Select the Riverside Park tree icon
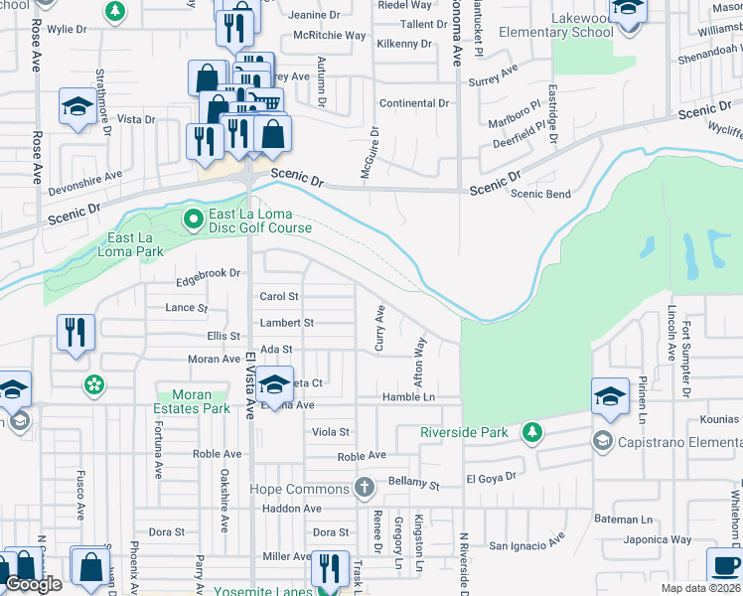pos(533,432)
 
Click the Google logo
pos(33,584)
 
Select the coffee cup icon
pos(724,566)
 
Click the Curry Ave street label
pos(379,328)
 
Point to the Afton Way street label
pos(420,364)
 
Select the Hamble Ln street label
pos(409,397)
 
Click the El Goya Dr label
pos(491,478)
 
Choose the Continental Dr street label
pos(415,103)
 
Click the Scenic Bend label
pos(540,194)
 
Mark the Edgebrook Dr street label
pos(209,272)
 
